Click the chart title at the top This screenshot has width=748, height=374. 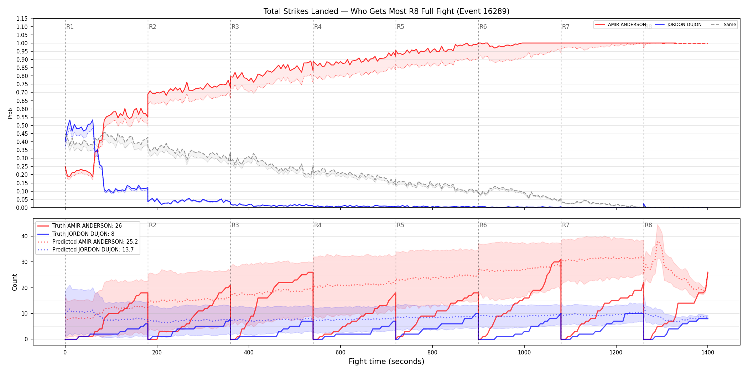[x=386, y=11]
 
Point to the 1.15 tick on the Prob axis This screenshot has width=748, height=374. [x=22, y=19]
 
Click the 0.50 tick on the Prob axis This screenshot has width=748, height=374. [x=22, y=125]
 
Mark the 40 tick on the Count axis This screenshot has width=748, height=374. [x=25, y=236]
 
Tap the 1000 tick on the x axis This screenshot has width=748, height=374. [x=524, y=353]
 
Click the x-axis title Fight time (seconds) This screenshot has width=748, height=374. [x=386, y=362]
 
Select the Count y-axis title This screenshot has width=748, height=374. [x=15, y=282]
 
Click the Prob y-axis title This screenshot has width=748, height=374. [x=10, y=113]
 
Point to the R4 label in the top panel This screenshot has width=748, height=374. [x=318, y=27]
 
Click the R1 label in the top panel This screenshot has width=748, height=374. [x=70, y=27]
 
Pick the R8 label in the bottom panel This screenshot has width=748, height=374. [x=648, y=225]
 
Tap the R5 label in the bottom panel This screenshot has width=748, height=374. [x=400, y=225]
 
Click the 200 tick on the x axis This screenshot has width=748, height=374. [x=157, y=353]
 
